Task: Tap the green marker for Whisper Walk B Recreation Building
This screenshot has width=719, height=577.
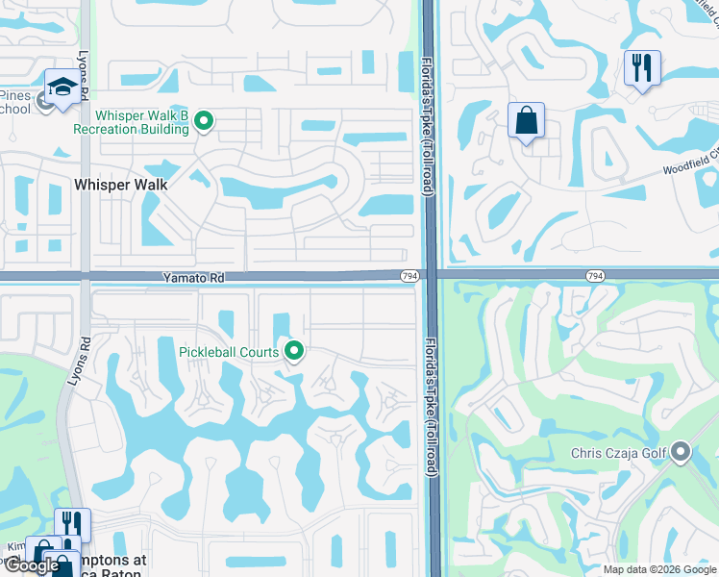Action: (203, 120)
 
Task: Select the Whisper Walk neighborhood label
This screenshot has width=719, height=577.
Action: (121, 185)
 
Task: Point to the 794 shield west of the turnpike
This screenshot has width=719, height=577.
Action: (409, 277)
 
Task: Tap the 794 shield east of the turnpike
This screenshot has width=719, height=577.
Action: (596, 276)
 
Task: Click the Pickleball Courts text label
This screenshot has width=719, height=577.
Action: (229, 352)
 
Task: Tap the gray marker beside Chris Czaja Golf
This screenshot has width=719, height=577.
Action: (681, 451)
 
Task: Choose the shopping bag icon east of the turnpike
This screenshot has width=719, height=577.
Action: (526, 122)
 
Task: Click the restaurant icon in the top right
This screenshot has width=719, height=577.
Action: (641, 68)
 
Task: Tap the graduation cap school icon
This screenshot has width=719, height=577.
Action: (62, 88)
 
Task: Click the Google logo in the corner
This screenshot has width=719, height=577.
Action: (32, 565)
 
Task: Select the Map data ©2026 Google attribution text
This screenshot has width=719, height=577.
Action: (658, 569)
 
